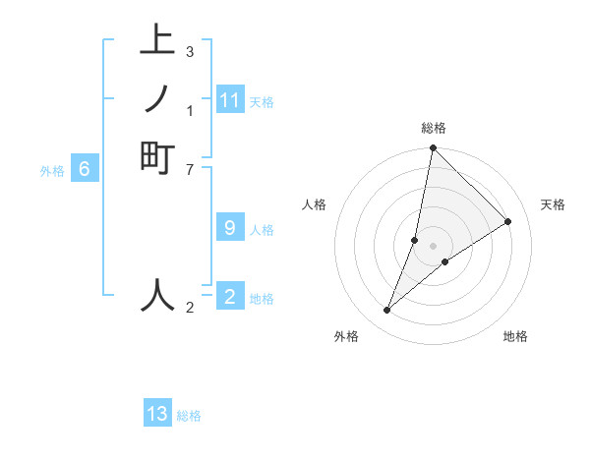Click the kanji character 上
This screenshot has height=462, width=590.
pyautogui.click(x=157, y=40)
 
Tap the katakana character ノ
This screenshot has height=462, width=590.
pyautogui.click(x=157, y=99)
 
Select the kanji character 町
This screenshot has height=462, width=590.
pyautogui.click(x=157, y=158)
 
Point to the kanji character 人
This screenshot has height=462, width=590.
pyautogui.click(x=157, y=295)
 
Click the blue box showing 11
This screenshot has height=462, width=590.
pyautogui.click(x=230, y=100)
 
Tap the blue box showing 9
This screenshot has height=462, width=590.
pyautogui.click(x=230, y=228)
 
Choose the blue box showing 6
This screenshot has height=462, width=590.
pyautogui.click(x=85, y=169)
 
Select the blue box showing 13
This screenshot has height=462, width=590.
pyautogui.click(x=157, y=414)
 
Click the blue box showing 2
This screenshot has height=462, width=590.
pyautogui.click(x=230, y=296)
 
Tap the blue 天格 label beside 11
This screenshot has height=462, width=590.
pyautogui.click(x=262, y=101)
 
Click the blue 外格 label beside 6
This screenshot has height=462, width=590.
pyautogui.click(x=52, y=170)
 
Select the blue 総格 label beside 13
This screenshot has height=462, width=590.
pyautogui.click(x=189, y=416)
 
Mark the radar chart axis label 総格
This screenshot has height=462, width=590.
pyautogui.click(x=434, y=128)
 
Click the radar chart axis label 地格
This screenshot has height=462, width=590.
pyautogui.click(x=515, y=336)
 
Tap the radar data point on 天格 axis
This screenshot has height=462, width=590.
pyautogui.click(x=508, y=222)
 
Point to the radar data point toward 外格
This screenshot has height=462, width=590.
pyautogui.click(x=387, y=311)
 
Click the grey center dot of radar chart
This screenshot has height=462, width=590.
pyautogui.click(x=434, y=246)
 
